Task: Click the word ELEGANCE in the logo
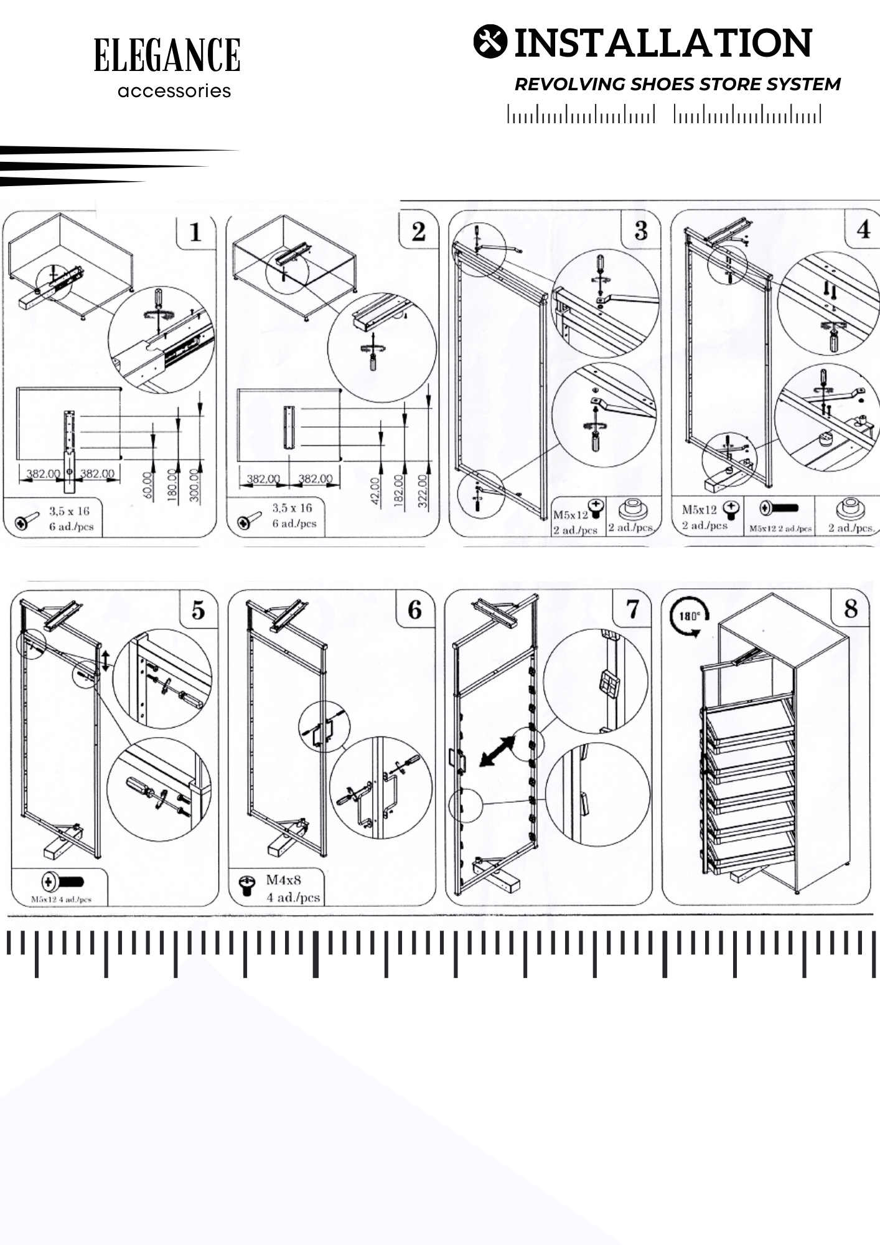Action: (x=167, y=55)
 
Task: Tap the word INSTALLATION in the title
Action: (x=663, y=43)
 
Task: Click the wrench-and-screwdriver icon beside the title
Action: (x=490, y=42)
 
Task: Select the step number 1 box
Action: (x=195, y=232)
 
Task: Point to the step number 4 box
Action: (x=863, y=230)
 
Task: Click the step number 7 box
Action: (x=632, y=609)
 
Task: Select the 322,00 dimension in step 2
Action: (x=423, y=491)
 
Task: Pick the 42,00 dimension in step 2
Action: (x=375, y=492)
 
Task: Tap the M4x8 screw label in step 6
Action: (x=284, y=880)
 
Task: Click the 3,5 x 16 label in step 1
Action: (x=70, y=511)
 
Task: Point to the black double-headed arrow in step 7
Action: (x=497, y=751)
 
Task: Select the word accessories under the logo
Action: (x=174, y=92)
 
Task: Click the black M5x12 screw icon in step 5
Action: (x=63, y=881)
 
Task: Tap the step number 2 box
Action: (x=418, y=232)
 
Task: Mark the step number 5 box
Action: (x=198, y=610)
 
